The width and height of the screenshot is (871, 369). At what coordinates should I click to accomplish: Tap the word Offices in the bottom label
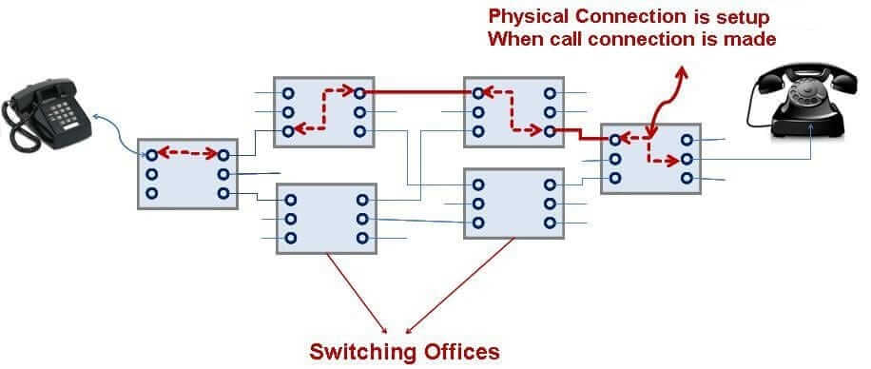(460, 351)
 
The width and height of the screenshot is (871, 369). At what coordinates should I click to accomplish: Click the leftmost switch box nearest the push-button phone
(186, 173)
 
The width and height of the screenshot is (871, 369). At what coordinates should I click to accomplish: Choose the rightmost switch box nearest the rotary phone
(650, 158)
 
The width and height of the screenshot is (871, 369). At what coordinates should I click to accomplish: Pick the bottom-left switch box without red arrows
(326, 219)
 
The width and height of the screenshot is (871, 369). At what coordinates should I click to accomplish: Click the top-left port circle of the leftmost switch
(151, 154)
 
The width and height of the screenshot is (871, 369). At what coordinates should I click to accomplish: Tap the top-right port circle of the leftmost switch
(223, 154)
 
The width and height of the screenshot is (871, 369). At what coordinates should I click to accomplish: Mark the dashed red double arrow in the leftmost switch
(186, 151)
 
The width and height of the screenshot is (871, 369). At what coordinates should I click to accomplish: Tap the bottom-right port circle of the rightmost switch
(687, 178)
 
